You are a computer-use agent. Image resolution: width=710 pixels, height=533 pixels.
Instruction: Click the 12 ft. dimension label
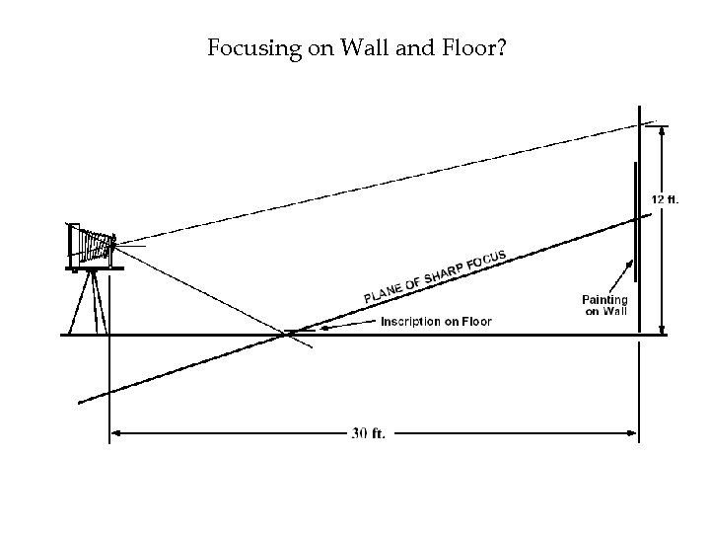pos(665,198)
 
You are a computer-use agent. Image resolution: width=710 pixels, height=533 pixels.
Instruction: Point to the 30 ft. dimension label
pos(370,433)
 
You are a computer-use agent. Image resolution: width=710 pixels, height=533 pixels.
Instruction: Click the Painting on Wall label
pos(604,305)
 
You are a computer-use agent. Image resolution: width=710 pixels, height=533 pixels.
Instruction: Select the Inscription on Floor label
pos(436,322)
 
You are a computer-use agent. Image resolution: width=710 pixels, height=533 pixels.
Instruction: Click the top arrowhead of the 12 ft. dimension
pos(662,130)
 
